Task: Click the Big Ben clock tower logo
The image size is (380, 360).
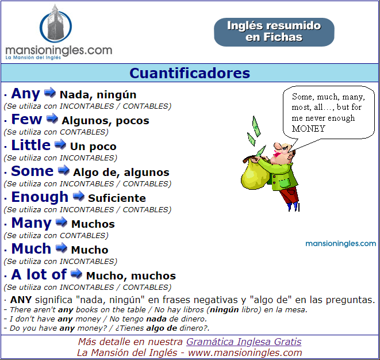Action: pyautogui.click(x=56, y=24)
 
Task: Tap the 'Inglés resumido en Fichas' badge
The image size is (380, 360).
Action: pyautogui.click(x=274, y=32)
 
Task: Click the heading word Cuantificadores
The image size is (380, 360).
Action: pyautogui.click(x=190, y=73)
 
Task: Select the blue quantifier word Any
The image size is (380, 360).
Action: pyautogui.click(x=25, y=94)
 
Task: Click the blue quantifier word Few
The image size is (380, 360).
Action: pyautogui.click(x=26, y=119)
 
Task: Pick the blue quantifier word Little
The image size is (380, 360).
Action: pyautogui.click(x=31, y=145)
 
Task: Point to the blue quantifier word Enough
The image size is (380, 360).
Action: pyautogui.click(x=40, y=197)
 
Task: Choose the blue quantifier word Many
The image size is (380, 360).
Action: pyautogui.click(x=32, y=223)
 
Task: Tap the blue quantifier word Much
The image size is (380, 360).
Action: pyautogui.click(x=31, y=249)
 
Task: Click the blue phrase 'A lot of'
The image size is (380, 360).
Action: pyautogui.click(x=39, y=274)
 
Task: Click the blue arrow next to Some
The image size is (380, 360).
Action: pyautogui.click(x=64, y=170)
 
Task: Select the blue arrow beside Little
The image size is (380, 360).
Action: pyautogui.click(x=60, y=144)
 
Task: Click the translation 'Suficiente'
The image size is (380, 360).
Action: pyautogui.click(x=117, y=198)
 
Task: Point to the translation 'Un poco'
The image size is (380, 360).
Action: pyautogui.click(x=93, y=147)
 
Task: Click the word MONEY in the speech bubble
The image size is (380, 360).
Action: pyautogui.click(x=308, y=128)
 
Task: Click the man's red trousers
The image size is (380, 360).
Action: pyautogui.click(x=289, y=195)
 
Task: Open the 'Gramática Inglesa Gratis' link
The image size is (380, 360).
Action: pyautogui.click(x=244, y=342)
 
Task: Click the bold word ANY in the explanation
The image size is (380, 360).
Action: pyautogui.click(x=21, y=300)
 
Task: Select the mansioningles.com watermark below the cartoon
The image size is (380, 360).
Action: pyautogui.click(x=340, y=243)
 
